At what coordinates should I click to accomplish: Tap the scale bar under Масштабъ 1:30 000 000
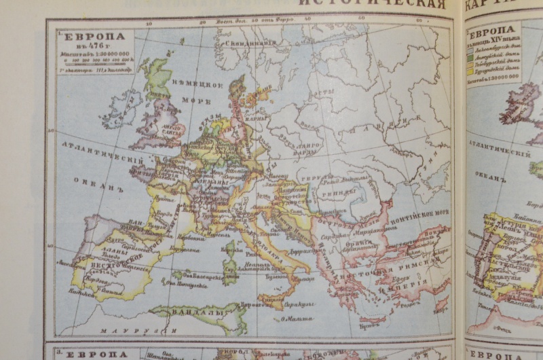pyautogui.click(x=96, y=60)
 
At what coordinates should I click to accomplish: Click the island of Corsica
pyautogui.click(x=231, y=250)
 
